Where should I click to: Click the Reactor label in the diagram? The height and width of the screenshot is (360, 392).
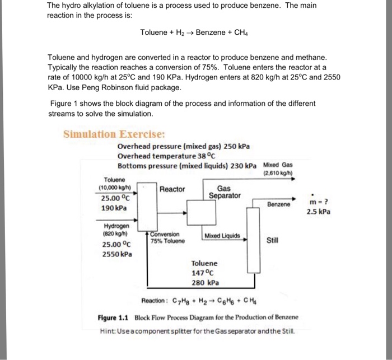[x=172, y=189]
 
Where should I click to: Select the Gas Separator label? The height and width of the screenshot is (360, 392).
[x=225, y=192]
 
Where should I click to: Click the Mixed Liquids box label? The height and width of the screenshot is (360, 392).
[x=222, y=236]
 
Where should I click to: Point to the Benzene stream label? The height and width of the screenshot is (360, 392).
[x=278, y=204]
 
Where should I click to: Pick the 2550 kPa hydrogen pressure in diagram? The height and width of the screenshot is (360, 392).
[x=117, y=254]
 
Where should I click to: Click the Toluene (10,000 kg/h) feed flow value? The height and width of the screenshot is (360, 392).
[x=114, y=187]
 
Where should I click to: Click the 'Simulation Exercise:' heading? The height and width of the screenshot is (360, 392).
[x=114, y=134]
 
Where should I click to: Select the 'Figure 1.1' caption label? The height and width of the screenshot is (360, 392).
[x=113, y=317]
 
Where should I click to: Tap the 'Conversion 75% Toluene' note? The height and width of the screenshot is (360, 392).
[x=167, y=237]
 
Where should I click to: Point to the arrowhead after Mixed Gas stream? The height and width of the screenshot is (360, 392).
[x=291, y=179]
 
